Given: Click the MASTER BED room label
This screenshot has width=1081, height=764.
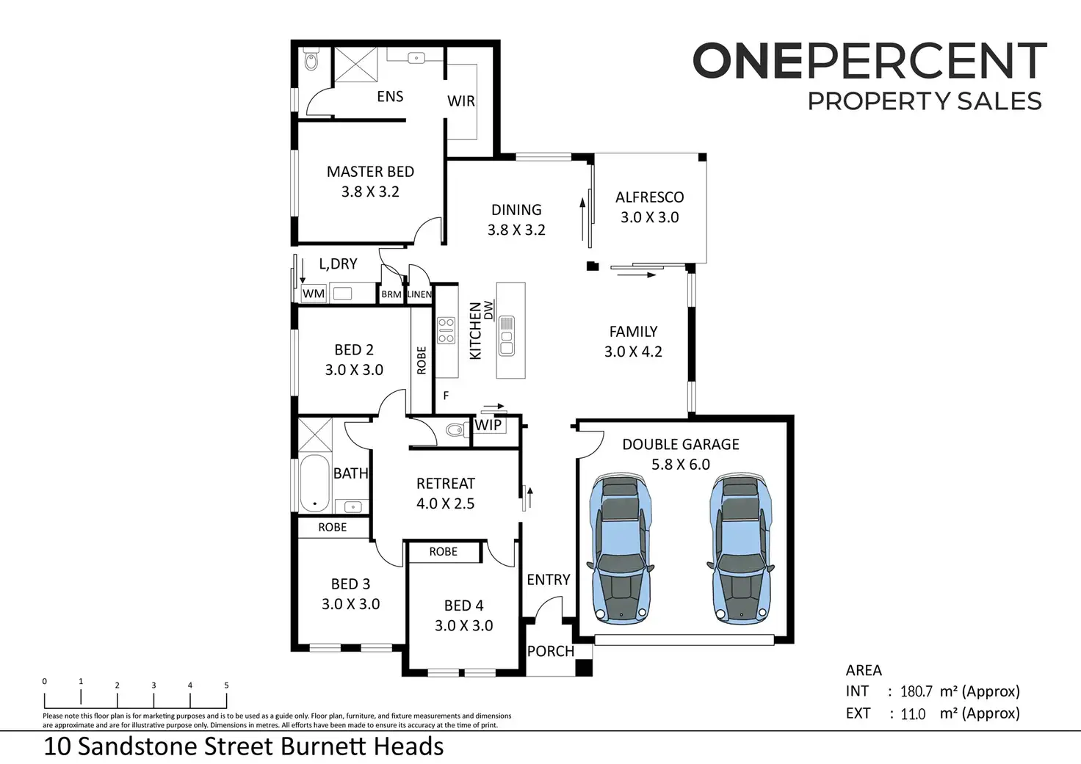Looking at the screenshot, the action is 370,172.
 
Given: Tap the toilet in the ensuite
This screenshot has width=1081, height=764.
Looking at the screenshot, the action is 312,59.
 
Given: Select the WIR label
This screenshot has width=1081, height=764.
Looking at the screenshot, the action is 461,101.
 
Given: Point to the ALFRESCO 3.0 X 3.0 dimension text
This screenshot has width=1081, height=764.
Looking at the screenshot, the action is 650,217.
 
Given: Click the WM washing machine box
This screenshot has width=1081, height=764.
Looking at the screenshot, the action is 313,294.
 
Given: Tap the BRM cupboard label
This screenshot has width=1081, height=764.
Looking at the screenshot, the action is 391,294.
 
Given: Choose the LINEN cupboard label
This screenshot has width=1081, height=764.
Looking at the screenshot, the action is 419,294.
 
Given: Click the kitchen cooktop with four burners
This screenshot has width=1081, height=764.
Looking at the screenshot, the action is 446,330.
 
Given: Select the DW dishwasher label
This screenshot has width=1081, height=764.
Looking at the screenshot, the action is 488,310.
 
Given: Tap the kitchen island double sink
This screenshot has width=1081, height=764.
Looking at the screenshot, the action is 506,336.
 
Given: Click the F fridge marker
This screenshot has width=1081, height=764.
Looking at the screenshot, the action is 446,396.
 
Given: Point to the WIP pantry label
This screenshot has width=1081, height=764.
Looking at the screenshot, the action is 488,425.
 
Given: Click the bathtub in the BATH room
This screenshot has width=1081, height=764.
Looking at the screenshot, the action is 314,483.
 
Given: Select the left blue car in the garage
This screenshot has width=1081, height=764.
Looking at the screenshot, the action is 621,547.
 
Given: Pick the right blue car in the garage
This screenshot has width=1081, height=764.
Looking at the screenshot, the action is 741,547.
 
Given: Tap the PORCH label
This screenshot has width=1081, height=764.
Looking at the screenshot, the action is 551,651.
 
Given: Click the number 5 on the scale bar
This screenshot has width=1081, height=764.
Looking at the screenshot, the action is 226,685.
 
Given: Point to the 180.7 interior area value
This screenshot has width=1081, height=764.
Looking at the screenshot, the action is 916,691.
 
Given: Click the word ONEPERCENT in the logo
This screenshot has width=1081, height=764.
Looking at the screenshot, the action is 869,60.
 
